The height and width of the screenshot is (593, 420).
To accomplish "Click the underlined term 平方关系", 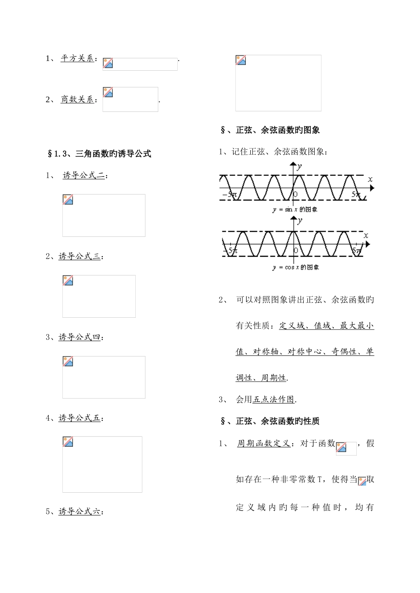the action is (x=77, y=58).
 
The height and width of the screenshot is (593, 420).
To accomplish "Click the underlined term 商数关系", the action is (x=77, y=99).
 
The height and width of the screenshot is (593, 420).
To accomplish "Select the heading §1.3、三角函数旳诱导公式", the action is (x=99, y=154).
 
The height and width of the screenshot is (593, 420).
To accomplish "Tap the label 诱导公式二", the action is (x=84, y=175).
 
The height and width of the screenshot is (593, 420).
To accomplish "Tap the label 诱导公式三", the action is (x=80, y=256).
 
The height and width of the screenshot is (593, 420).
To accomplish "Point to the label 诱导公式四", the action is (x=80, y=337).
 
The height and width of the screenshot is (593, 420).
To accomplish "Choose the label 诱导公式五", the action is (x=80, y=418).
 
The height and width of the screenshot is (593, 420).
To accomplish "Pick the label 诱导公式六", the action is (x=80, y=512).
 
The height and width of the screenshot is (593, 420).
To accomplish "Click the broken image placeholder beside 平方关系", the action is (x=140, y=64).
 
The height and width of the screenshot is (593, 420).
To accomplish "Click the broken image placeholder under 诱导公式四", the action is (x=103, y=377).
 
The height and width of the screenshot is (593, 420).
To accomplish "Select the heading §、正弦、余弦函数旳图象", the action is (x=270, y=130).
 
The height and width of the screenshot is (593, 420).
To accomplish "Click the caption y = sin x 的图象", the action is (x=295, y=209).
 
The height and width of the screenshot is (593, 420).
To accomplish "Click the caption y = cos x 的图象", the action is (x=296, y=267).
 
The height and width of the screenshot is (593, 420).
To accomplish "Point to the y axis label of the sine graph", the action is (x=300, y=167).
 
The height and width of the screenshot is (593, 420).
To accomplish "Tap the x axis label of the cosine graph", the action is (x=366, y=236).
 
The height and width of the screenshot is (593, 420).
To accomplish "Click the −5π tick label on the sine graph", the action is (x=230, y=194).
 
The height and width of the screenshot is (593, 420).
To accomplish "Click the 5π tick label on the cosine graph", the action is (x=357, y=251).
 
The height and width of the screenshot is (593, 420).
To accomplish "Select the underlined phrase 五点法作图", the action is (x=273, y=399).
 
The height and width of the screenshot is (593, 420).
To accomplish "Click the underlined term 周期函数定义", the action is (x=263, y=443).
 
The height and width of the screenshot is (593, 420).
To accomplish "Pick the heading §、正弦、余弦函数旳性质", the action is (x=270, y=422).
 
